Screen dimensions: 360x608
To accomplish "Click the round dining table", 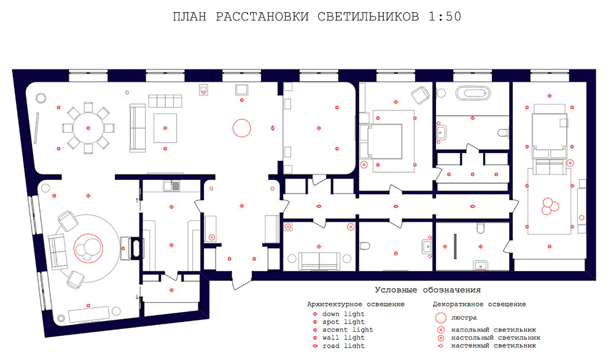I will click(x=88, y=128).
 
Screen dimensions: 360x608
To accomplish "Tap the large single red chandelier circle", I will click(x=241, y=128).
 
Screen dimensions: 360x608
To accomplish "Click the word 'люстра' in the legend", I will click(x=464, y=318).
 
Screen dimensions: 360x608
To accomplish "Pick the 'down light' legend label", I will click(x=343, y=314).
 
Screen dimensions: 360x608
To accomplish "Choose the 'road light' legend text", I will click(x=343, y=346).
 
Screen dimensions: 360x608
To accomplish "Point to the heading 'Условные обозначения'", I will click(x=427, y=290).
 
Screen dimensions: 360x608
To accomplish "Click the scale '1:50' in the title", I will click(x=443, y=17).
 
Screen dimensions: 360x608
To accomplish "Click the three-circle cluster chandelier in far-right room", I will click(x=548, y=205).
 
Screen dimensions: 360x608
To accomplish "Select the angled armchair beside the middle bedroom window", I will click(x=420, y=95).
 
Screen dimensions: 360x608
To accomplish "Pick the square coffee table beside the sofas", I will click(x=165, y=127).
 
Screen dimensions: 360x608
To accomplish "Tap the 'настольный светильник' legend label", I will click(x=495, y=337).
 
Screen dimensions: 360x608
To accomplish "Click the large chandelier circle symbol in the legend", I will click(x=439, y=318).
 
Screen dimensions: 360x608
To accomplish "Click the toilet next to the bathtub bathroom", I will click(x=504, y=132).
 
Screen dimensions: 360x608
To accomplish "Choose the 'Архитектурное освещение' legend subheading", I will click(x=356, y=304).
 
